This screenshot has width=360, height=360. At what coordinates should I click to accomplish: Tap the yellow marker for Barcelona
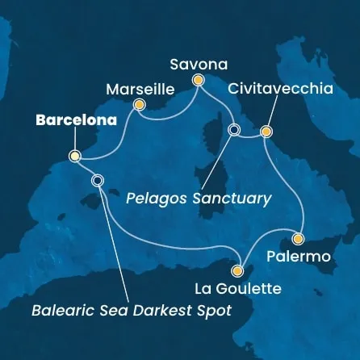pyautogui.click(x=74, y=156)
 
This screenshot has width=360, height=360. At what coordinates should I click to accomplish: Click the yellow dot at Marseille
pyautogui.click(x=139, y=105)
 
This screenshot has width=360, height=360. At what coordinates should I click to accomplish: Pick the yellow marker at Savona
pyautogui.click(x=197, y=79)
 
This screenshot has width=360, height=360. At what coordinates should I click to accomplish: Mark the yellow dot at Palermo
pyautogui.click(x=298, y=239)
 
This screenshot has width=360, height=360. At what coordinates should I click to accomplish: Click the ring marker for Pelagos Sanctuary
pyautogui.click(x=234, y=130)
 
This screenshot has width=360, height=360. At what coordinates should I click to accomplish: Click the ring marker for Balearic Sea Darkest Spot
pyautogui.click(x=98, y=181)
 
